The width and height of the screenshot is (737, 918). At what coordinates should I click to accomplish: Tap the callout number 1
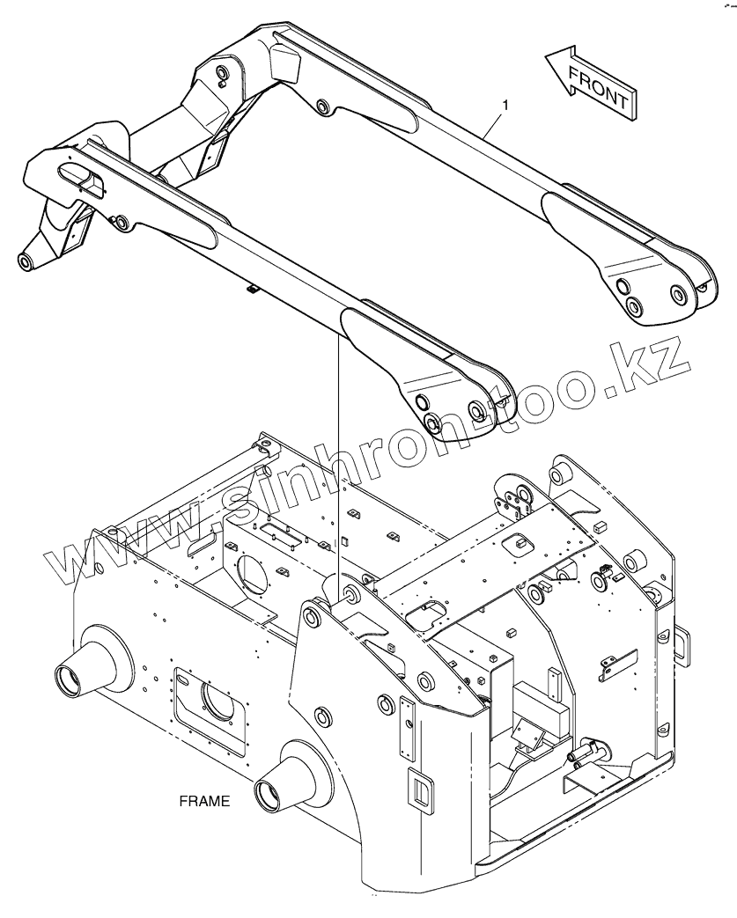pos(505,106)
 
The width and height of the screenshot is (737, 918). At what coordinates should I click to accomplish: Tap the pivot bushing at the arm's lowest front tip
pos(26,260)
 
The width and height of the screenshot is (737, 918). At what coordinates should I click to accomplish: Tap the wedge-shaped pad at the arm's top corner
pos(284,62)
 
